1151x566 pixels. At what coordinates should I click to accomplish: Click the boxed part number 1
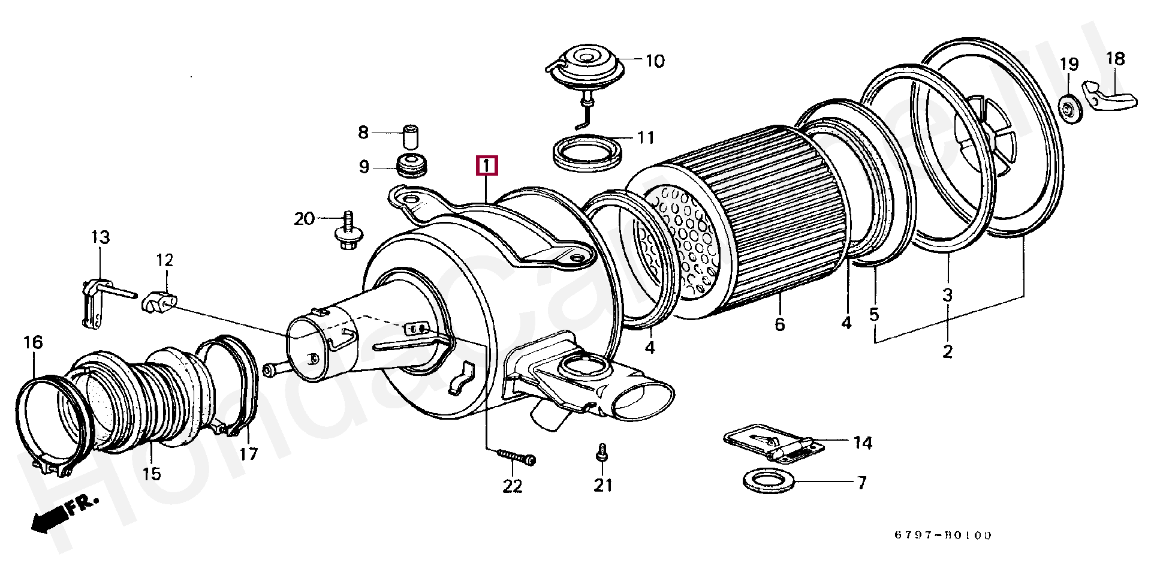click(486, 165)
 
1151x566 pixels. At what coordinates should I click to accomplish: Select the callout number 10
click(655, 61)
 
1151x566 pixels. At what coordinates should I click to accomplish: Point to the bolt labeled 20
click(346, 234)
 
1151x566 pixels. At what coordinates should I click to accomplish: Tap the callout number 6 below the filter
click(779, 324)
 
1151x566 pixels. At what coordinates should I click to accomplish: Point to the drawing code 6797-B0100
click(943, 535)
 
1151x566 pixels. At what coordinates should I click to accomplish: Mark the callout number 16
click(34, 342)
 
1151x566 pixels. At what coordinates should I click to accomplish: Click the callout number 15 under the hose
click(152, 474)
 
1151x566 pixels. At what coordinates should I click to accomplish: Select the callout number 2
click(947, 351)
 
